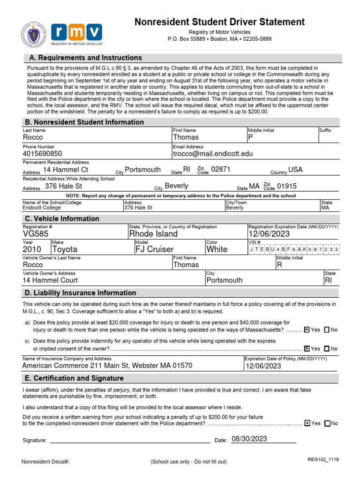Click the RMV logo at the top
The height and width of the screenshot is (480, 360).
click(x=76, y=34)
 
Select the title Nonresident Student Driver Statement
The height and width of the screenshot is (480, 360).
click(x=219, y=22)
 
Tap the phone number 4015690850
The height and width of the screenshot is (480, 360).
click(x=42, y=154)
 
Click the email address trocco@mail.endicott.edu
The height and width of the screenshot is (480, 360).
click(x=212, y=154)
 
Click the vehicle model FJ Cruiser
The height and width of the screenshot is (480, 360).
click(x=154, y=249)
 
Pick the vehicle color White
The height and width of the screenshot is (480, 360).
click(x=217, y=249)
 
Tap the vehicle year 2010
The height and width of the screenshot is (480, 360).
click(x=32, y=249)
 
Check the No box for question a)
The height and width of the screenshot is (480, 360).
click(x=327, y=330)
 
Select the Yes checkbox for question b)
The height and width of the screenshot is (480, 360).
click(x=307, y=349)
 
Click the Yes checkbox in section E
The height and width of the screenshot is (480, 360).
click(x=307, y=423)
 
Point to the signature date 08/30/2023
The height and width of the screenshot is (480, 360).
click(x=249, y=439)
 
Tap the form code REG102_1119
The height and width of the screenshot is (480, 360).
click(x=322, y=460)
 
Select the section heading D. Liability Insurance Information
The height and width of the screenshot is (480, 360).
click(x=80, y=293)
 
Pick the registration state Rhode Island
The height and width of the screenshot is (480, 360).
click(x=153, y=234)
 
